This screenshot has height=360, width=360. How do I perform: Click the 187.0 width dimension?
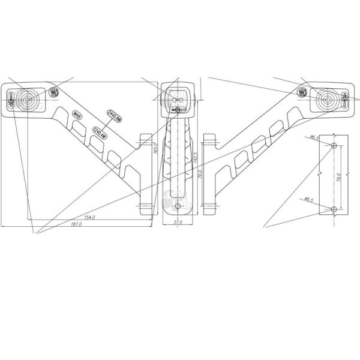point(76,224)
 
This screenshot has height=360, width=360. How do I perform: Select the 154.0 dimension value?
point(90,217)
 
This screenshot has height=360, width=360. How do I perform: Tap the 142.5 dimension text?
point(195,161)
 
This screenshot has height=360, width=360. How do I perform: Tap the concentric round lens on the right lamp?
point(327,98)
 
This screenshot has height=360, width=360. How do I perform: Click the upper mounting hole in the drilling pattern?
point(334,146)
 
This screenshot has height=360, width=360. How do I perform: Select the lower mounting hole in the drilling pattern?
point(334,208)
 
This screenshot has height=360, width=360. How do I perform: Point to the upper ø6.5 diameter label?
point(313,138)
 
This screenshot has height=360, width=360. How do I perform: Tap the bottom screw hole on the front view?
point(178,207)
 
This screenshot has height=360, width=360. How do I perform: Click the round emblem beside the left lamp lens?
point(54,92)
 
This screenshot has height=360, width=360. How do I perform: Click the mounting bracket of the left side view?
point(143,174)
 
